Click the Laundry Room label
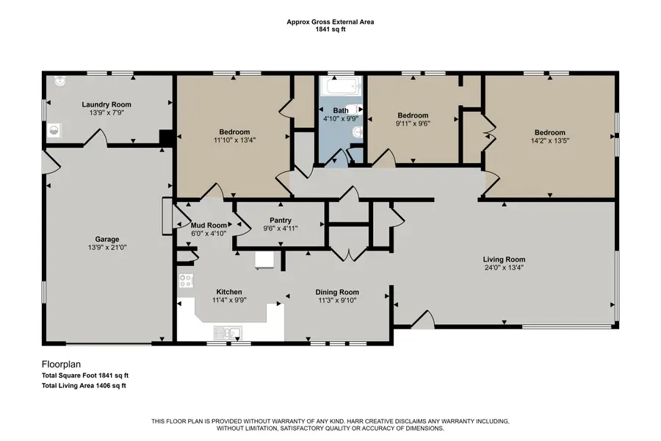pos(101,104)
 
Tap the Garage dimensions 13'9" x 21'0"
pos(107,248)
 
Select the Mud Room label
pos(209,225)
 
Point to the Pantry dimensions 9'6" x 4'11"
pos(281,229)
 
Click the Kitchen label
pos(229,292)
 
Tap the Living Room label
pos(504,259)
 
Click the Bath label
pos(341,110)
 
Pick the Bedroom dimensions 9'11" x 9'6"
pos(413,123)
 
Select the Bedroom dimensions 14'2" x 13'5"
pos(549,140)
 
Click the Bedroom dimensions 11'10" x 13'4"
pos(235,139)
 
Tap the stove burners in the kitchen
pos(187,280)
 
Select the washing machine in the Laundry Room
pos(54,132)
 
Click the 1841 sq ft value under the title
pos(330,29)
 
